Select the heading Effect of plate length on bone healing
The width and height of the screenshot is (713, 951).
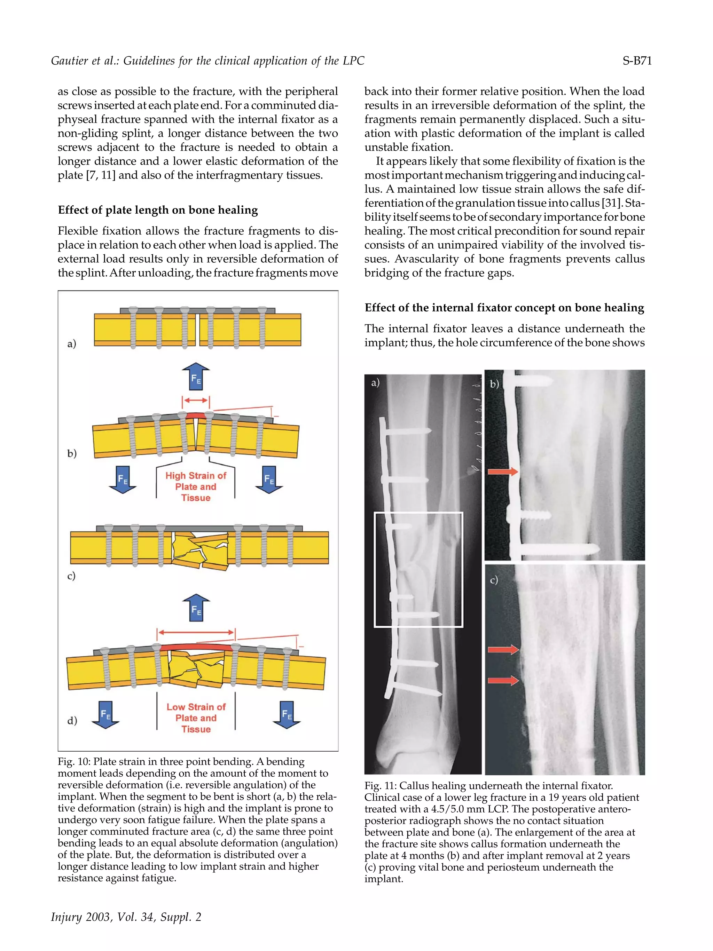click(x=158, y=210)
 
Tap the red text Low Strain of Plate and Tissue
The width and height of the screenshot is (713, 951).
click(x=196, y=718)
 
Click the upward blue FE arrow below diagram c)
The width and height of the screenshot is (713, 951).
click(x=196, y=608)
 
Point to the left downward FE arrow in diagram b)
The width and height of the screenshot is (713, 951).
click(x=123, y=479)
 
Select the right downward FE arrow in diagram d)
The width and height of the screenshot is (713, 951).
click(x=287, y=714)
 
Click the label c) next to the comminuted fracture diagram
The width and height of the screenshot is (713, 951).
click(x=71, y=575)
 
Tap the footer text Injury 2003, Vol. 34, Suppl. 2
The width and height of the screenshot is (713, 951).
click(x=126, y=917)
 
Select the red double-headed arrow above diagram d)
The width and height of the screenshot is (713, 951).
click(x=196, y=632)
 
